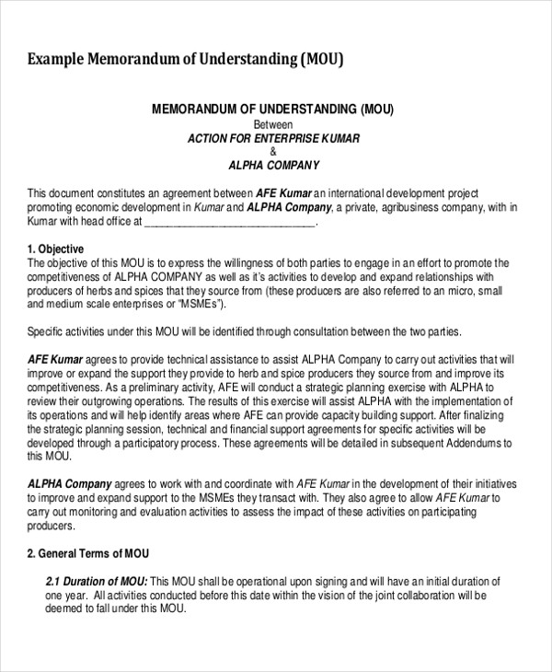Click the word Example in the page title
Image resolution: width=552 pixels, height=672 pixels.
[55, 60]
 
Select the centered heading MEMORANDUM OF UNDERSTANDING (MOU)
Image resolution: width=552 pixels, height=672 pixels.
[272, 110]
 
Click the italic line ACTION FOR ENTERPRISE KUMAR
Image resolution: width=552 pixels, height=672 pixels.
[273, 138]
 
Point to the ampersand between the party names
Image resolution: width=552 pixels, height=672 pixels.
[272, 152]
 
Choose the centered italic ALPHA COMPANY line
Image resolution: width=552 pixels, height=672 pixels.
[273, 167]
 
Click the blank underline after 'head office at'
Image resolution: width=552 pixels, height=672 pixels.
[230, 222]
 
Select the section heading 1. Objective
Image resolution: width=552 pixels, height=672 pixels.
[56, 249]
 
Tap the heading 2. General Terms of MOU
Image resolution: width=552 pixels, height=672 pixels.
[88, 554]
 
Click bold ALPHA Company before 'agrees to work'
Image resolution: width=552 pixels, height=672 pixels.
[70, 483]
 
